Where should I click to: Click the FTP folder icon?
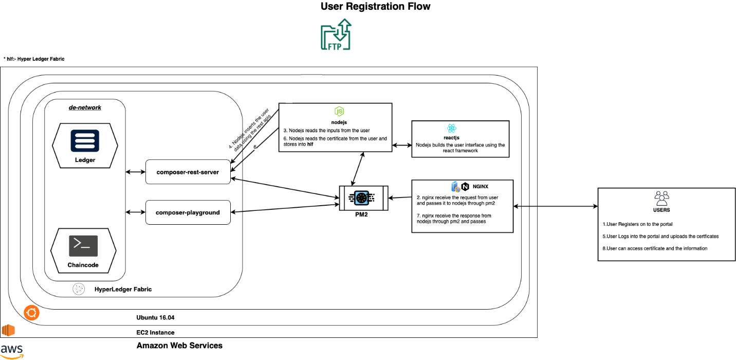[336, 34]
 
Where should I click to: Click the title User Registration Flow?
[375, 6]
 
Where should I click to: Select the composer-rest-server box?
[188, 172]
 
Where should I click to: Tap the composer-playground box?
[188, 212]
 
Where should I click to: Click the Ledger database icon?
[85, 141]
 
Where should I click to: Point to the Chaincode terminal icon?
[83, 246]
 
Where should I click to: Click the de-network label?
[85, 107]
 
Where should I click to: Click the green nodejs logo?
[339, 112]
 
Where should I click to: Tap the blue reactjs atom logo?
[452, 128]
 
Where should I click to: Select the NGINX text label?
[481, 186]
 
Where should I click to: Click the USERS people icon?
[661, 198]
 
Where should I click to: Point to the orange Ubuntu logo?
[31, 313]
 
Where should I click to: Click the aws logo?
[12, 351]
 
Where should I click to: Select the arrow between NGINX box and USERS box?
[556, 206]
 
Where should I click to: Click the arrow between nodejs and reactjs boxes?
[402, 145]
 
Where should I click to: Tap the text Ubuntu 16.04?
[155, 318]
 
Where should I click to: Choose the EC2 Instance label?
[155, 332]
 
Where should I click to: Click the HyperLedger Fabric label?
[123, 290]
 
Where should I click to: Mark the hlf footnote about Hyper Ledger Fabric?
[34, 59]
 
